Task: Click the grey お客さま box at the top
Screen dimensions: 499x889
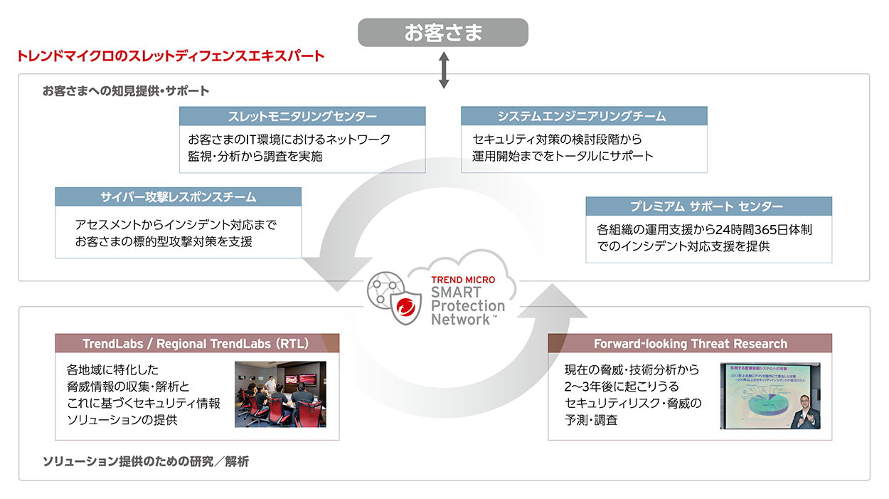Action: [442, 33]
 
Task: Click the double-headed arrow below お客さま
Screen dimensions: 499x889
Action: [444, 69]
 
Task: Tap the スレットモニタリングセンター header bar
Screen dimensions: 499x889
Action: [302, 116]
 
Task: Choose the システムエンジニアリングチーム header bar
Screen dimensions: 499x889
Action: [584, 116]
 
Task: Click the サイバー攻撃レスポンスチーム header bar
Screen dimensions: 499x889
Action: [178, 196]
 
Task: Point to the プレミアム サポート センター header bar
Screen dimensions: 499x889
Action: [708, 206]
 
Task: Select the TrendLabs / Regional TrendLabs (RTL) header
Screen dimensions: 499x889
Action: [197, 344]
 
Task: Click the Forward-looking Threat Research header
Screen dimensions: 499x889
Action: [690, 344]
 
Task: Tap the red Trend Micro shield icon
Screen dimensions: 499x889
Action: [406, 308]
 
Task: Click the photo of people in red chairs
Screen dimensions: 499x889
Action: [280, 394]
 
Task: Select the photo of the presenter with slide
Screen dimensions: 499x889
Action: [770, 396]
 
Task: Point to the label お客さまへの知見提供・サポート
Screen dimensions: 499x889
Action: [126, 91]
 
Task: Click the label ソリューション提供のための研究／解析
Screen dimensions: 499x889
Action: [146, 462]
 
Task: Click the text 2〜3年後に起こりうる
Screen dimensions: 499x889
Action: [617, 387]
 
